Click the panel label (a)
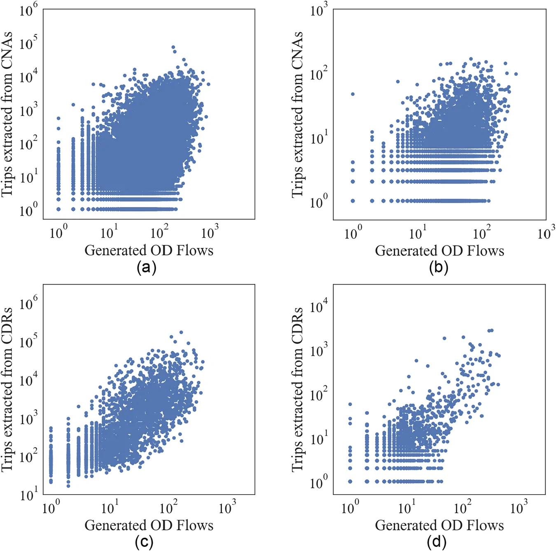[147, 268]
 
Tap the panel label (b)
[439, 268]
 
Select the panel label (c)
[144, 542]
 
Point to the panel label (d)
[437, 542]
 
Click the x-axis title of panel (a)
[149, 250]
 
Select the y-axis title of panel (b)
[297, 114]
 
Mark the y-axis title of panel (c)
[7, 390]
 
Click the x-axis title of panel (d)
[439, 525]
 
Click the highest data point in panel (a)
[173, 47]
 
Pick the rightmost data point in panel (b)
[516, 74]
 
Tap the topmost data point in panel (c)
[181, 332]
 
